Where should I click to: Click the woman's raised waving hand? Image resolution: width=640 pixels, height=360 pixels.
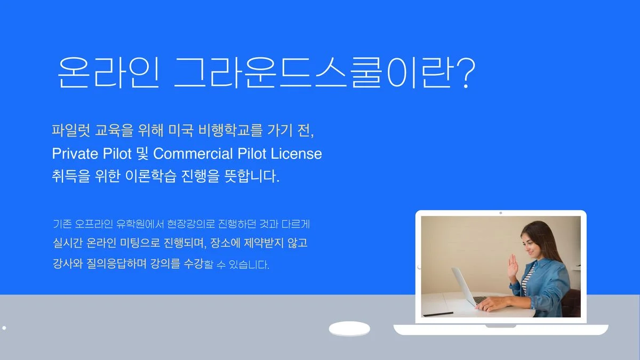click(x=513, y=265)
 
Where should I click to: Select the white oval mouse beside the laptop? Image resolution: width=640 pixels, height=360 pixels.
click(x=349, y=329)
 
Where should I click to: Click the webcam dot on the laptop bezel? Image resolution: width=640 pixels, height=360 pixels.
click(x=500, y=213)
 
